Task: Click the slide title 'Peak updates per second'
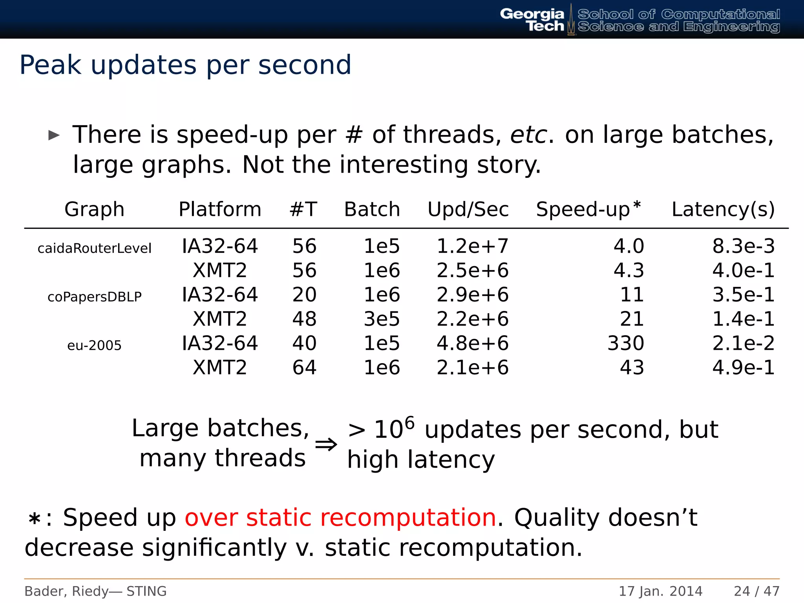coord(185,65)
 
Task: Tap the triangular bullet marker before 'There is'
coord(54,135)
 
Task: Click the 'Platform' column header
coord(220,209)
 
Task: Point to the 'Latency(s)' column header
coord(723,209)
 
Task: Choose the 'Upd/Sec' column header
coord(468,209)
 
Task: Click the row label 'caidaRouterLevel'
coord(94,249)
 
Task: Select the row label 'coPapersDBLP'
coord(94,297)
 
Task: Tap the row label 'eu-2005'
coord(94,345)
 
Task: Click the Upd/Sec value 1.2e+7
coord(472,247)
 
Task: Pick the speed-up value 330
coord(626,344)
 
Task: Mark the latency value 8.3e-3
coord(743,247)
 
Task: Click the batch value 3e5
coord(382,319)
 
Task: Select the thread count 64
coord(304,368)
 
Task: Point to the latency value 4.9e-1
coord(743,368)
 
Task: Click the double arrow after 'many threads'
coord(326,444)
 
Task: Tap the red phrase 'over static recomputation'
coord(340,517)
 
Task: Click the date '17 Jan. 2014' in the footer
coord(660,591)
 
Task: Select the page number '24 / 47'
coord(756,591)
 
